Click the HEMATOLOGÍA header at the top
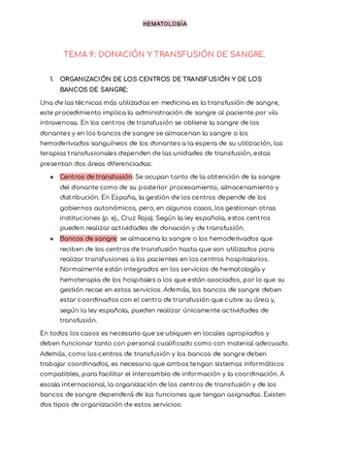point(179,22)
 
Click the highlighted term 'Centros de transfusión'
point(95,177)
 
